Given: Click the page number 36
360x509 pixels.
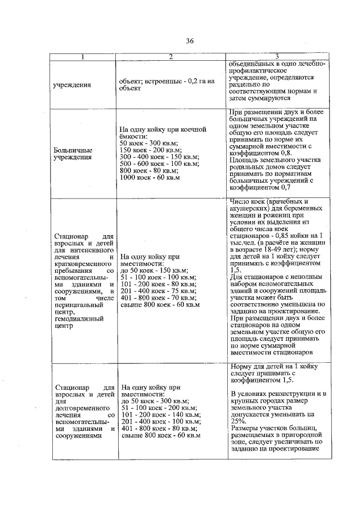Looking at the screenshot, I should click(x=190, y=40).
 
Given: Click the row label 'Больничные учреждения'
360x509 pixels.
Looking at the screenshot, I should click(x=73, y=154).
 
